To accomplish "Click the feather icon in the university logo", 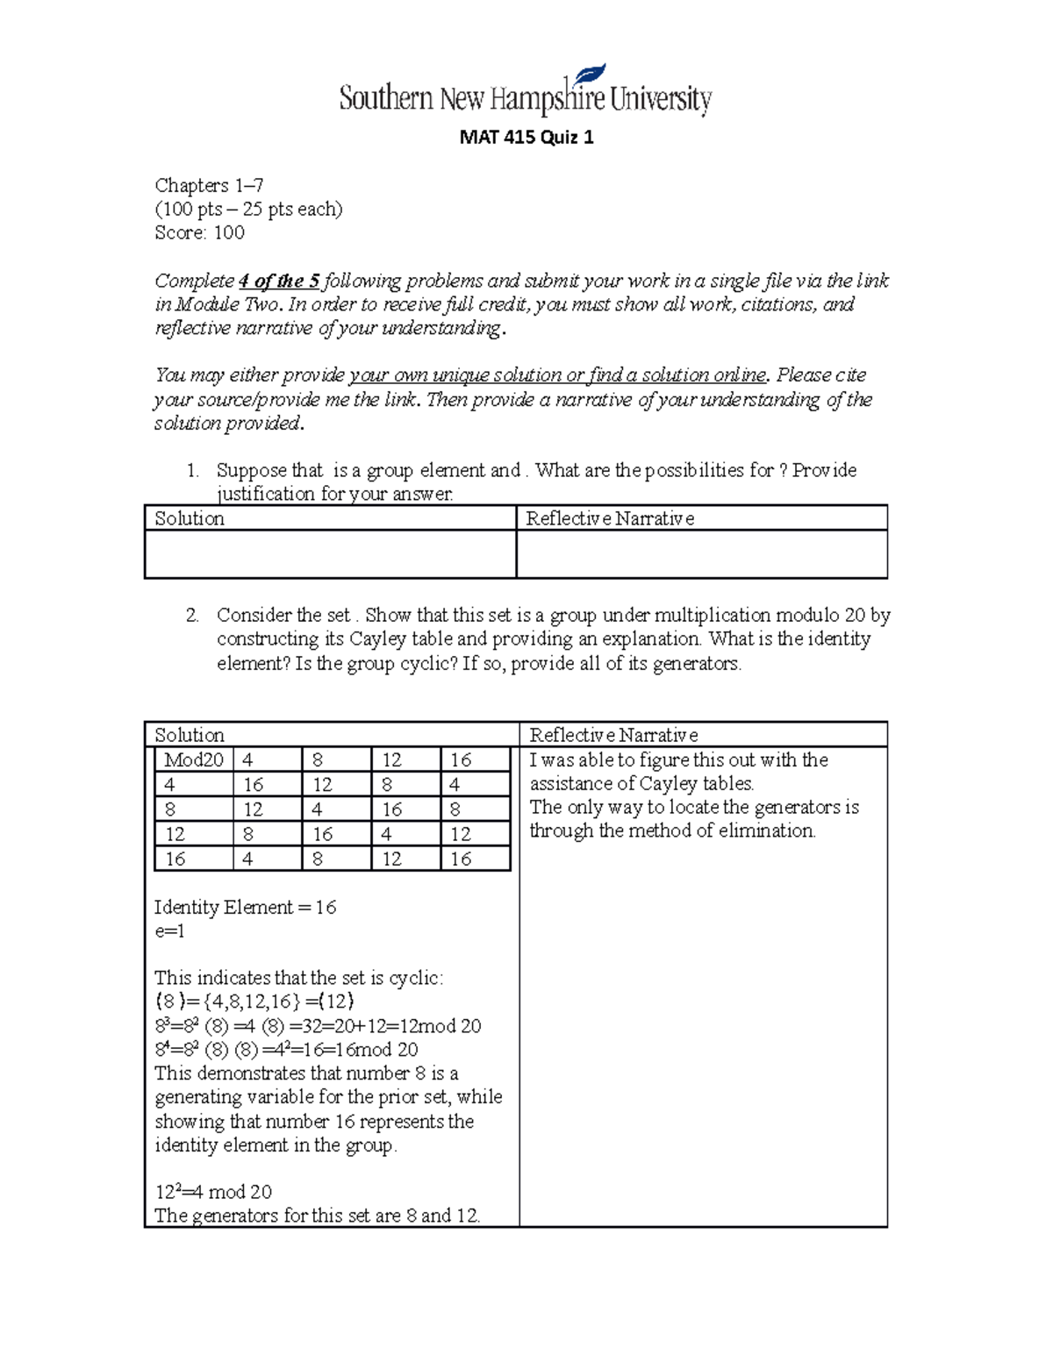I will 588,78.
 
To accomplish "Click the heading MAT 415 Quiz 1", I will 526,138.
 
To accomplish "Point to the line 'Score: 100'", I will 199,233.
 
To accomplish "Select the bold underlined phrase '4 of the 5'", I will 278,282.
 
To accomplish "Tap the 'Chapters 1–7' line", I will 209,186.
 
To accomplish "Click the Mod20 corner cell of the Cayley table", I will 194,760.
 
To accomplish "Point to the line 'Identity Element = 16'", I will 245,908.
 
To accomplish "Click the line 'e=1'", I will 169,931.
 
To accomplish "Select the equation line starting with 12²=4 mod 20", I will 213,1192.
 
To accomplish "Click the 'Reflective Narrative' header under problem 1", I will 610,518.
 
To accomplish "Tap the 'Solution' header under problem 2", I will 190,735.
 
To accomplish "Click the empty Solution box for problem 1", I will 330,554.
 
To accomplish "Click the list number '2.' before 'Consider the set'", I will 192,616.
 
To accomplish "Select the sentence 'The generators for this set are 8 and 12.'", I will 317,1216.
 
